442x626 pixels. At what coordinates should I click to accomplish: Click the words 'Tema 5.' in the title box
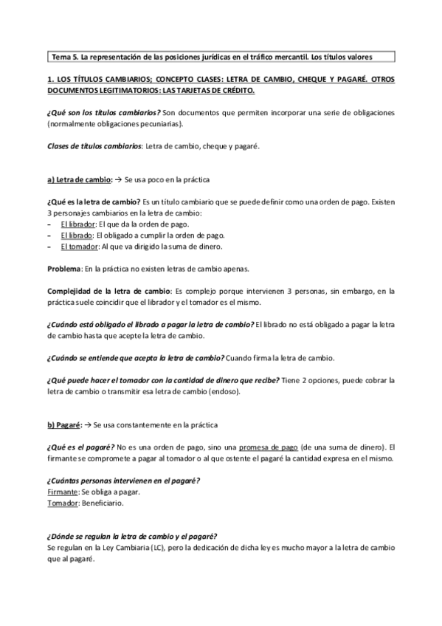pos(64,56)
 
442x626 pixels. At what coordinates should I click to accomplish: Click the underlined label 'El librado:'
pos(77,235)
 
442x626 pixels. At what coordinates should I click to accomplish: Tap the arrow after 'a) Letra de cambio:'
pos(120,180)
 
